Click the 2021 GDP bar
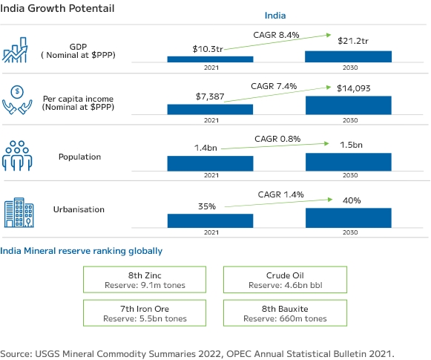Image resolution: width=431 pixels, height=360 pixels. tap(210, 59)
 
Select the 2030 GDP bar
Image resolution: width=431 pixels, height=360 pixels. tap(348, 56)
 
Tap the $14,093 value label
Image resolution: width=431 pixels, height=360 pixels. tap(354, 88)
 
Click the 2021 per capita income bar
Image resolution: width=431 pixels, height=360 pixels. tap(210, 109)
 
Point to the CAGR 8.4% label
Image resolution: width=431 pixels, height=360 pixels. tap(276, 35)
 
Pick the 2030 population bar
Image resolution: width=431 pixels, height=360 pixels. tap(349, 162)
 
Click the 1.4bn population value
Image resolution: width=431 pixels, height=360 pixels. tap(205, 148)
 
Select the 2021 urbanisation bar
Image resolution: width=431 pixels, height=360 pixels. tap(210, 220)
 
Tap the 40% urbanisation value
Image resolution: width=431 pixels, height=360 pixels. tap(352, 200)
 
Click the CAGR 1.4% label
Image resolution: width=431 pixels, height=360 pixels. tap(280, 194)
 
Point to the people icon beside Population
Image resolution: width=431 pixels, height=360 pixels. tap(17, 156)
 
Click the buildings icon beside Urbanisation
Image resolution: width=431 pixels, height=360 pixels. tap(19, 212)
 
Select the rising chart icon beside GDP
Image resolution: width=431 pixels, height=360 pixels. tap(15, 50)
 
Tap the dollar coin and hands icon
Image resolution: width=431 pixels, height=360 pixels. tap(17, 99)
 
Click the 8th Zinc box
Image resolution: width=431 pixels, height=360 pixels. tap(145, 279)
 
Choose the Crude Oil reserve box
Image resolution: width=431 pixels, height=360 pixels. tap(285, 279)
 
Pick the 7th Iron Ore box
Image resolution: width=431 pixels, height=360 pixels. tap(145, 313)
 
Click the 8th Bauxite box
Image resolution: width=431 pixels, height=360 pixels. tap(285, 313)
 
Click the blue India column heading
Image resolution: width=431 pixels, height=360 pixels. tap(275, 16)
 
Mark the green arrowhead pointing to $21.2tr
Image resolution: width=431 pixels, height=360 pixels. tap(329, 35)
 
